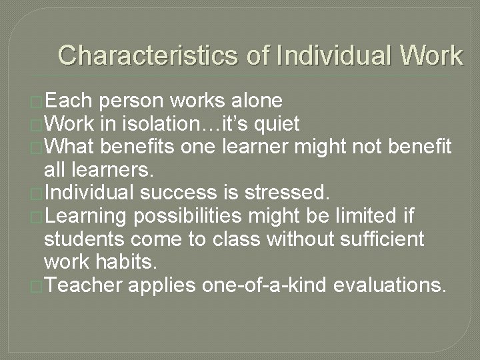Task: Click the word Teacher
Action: coord(85,285)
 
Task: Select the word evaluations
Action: coord(389,285)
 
